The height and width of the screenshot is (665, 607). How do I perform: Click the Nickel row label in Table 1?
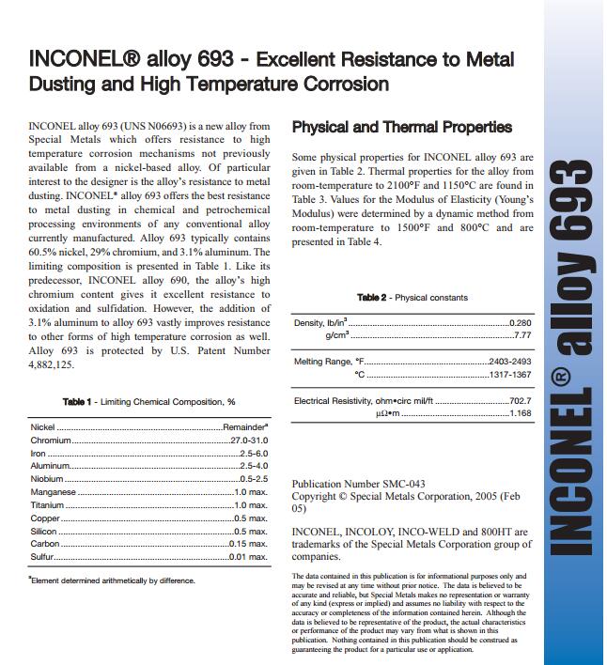[43, 426]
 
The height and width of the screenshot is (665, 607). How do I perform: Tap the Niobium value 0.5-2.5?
[254, 479]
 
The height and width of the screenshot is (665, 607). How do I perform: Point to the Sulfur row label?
[42, 557]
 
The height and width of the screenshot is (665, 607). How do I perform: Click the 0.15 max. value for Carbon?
[249, 544]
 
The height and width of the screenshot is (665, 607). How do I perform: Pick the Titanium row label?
[47, 505]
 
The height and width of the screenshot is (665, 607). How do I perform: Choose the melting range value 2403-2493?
[510, 362]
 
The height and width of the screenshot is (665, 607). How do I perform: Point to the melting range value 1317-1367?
[510, 374]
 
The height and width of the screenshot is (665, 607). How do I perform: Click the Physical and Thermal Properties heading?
[402, 128]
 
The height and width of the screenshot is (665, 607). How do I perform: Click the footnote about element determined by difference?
[112, 580]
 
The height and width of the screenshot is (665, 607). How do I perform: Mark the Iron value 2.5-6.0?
[254, 453]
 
